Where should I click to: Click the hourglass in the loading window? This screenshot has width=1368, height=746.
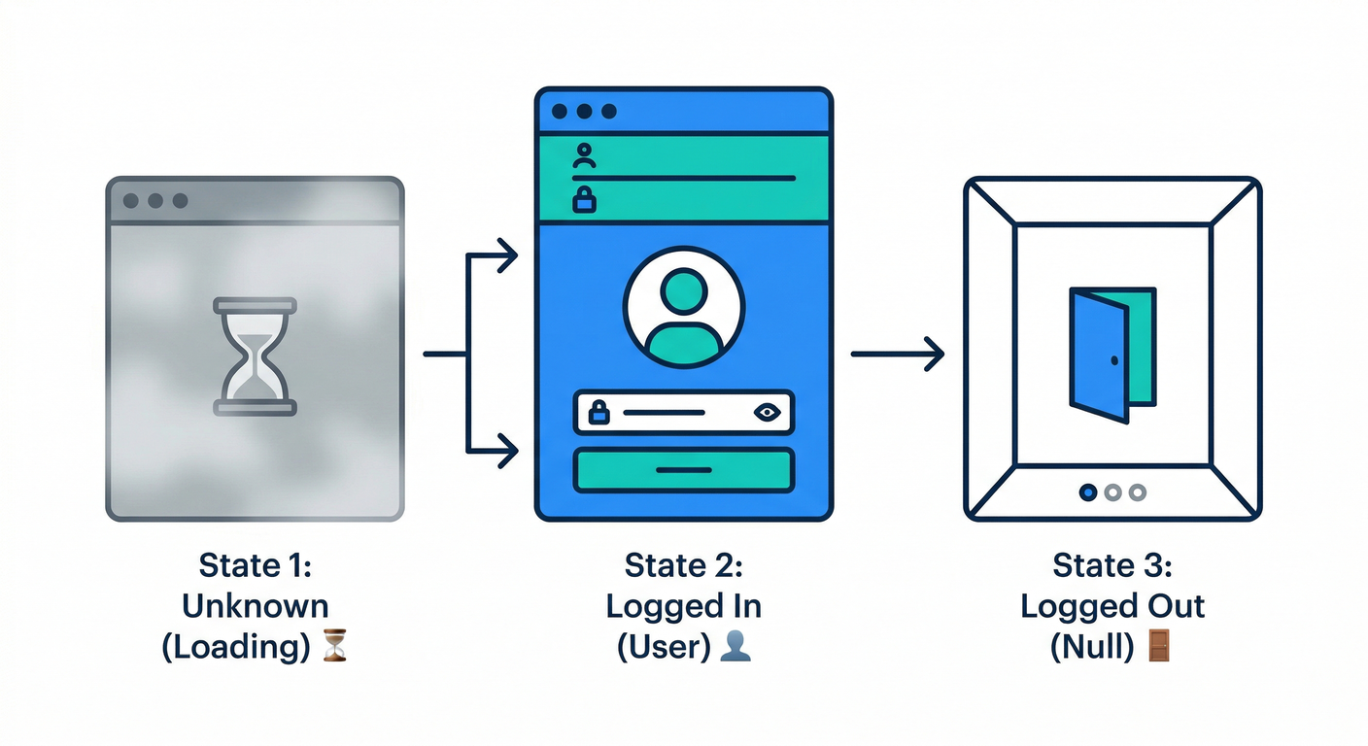pyautogui.click(x=255, y=356)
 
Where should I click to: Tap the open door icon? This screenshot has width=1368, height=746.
pyautogui.click(x=1111, y=355)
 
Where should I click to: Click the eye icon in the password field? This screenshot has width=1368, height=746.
pyautogui.click(x=768, y=412)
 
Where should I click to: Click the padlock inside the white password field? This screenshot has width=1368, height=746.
pyautogui.click(x=599, y=412)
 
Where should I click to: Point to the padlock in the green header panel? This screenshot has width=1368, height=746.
pyautogui.click(x=584, y=200)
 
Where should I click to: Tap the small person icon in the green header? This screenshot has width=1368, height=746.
pyautogui.click(x=584, y=156)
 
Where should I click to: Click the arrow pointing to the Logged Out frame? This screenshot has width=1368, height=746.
pyautogui.click(x=899, y=355)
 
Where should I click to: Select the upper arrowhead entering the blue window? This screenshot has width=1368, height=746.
pyautogui.click(x=505, y=256)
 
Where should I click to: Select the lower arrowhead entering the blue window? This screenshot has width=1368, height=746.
pyautogui.click(x=505, y=451)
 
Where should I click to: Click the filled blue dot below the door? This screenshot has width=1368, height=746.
pyautogui.click(x=1088, y=492)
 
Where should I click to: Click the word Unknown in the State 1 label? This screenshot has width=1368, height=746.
pyautogui.click(x=255, y=606)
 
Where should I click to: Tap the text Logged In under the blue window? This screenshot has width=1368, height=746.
pyautogui.click(x=683, y=606)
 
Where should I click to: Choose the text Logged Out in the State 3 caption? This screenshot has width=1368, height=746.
pyautogui.click(x=1111, y=606)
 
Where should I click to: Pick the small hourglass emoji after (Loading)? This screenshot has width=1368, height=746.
pyautogui.click(x=334, y=645)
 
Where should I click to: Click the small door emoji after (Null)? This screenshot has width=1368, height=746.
pyautogui.click(x=1160, y=645)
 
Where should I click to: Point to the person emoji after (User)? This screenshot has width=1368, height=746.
pyautogui.click(x=735, y=645)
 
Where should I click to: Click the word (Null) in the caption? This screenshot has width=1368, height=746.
pyautogui.click(x=1092, y=645)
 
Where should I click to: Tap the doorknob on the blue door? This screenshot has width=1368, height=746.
pyautogui.click(x=1113, y=360)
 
